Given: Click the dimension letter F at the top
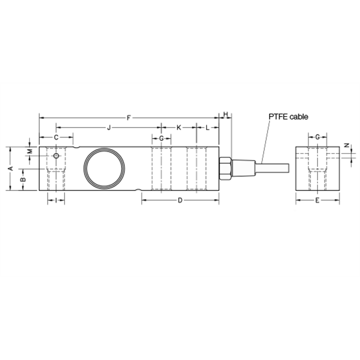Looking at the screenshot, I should coord(128,118).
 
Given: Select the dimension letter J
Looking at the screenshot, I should coord(108,128).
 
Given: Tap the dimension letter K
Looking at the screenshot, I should coord(178,128).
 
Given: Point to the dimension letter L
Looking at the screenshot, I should coord(207,128).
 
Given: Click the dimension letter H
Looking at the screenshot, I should coord(225,114).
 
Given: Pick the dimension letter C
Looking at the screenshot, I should coord(56,137).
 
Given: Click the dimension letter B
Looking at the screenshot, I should coord(22,179).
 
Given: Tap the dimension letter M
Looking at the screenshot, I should coord(29,150).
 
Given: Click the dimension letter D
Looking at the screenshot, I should coord(180,200).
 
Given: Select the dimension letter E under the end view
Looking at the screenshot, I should coord(317,200).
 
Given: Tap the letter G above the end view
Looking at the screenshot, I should coord(317,137).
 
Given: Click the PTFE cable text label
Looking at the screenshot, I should coord(288,116).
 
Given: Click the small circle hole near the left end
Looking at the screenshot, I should coord(56,156).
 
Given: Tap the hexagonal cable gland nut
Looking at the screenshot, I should coord(225,168).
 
